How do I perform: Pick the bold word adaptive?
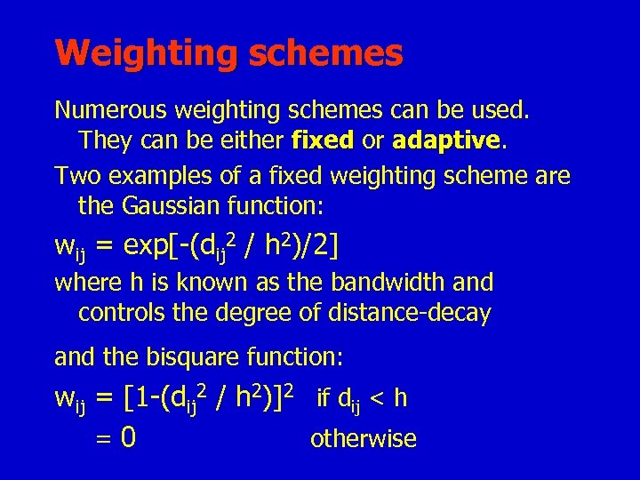[446, 140]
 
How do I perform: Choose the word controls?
[116, 313]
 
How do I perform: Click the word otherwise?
[363, 438]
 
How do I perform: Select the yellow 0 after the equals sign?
[128, 438]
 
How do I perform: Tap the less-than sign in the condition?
[377, 398]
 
